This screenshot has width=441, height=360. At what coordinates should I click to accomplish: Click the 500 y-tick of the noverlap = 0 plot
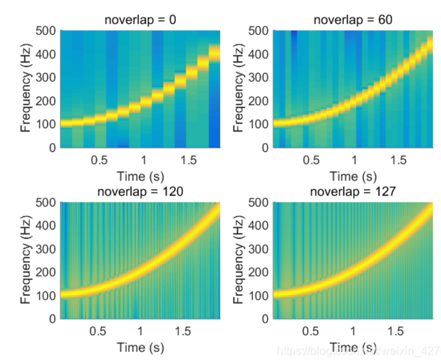(47, 30)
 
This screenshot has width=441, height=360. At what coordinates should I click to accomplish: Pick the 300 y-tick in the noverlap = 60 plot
(259, 77)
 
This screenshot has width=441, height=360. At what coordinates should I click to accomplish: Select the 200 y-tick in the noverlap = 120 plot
(47, 271)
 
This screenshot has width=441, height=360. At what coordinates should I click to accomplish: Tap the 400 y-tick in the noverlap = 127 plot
(259, 225)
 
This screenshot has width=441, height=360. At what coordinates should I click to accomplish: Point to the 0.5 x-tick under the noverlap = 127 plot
(311, 331)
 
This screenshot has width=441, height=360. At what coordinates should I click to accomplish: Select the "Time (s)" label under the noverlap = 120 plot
(140, 347)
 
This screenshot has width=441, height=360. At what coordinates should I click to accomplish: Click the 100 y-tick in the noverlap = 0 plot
(47, 124)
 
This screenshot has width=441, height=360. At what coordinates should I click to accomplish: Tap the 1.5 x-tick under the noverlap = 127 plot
(395, 331)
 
